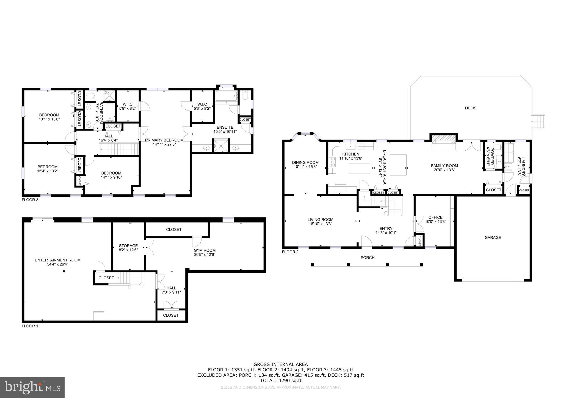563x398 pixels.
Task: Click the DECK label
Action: click(470, 108)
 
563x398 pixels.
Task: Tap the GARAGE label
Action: click(493, 237)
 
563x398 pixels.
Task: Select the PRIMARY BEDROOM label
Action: click(164, 140)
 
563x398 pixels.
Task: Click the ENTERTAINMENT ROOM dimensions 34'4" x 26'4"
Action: click(57, 264)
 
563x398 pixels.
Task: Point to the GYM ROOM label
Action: click(205, 250)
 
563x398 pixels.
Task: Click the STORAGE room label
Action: click(128, 246)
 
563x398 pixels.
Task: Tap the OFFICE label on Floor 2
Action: click(435, 217)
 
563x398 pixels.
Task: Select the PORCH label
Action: click(367, 258)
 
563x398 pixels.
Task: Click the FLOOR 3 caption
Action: click(30, 200)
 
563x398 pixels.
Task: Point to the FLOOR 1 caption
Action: click(30, 326)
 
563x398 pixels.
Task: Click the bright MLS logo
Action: click(32, 387)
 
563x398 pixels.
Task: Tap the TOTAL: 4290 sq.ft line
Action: click(280, 380)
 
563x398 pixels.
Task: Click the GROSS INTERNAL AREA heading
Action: click(280, 364)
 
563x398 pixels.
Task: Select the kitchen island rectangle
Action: click(360, 168)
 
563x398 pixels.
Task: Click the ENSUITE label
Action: click(225, 127)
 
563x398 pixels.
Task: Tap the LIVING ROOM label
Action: click(320, 220)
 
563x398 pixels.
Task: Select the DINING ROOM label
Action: click(305, 162)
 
